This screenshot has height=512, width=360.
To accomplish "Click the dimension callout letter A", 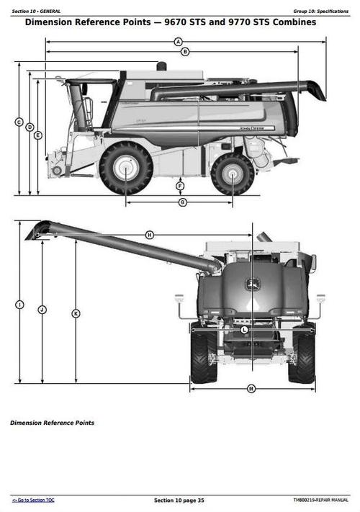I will pos(178,42).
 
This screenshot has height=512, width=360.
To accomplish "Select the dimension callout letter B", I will pos(185,51).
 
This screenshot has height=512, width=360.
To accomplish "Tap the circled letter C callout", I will pos(19,122).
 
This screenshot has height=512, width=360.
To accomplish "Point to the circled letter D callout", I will pos(30,127).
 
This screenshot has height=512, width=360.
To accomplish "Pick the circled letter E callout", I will pos(38,135).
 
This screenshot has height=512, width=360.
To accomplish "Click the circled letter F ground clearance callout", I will pos(180,187).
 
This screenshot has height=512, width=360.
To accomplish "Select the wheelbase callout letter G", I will pos(182,202).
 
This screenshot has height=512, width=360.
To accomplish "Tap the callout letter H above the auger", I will pos(150,235).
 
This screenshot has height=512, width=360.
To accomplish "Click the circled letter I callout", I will pos(19,305).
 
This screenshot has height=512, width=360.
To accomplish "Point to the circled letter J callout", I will pos(42,309).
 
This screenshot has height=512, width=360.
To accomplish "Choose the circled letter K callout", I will pos(76,313).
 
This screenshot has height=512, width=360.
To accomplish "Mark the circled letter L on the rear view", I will pos(244,329).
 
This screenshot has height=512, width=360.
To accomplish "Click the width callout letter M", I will pos(251,389).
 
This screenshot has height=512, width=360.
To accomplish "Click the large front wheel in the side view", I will pos(126,168).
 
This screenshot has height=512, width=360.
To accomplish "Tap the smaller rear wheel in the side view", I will pos(232,174).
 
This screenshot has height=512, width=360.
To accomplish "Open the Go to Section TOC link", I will pos(33,500).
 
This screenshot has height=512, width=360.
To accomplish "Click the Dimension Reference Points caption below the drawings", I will pos(52,423).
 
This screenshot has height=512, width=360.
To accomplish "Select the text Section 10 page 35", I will pos(179,500).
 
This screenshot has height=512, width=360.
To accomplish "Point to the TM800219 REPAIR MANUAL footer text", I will pos(320,500).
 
